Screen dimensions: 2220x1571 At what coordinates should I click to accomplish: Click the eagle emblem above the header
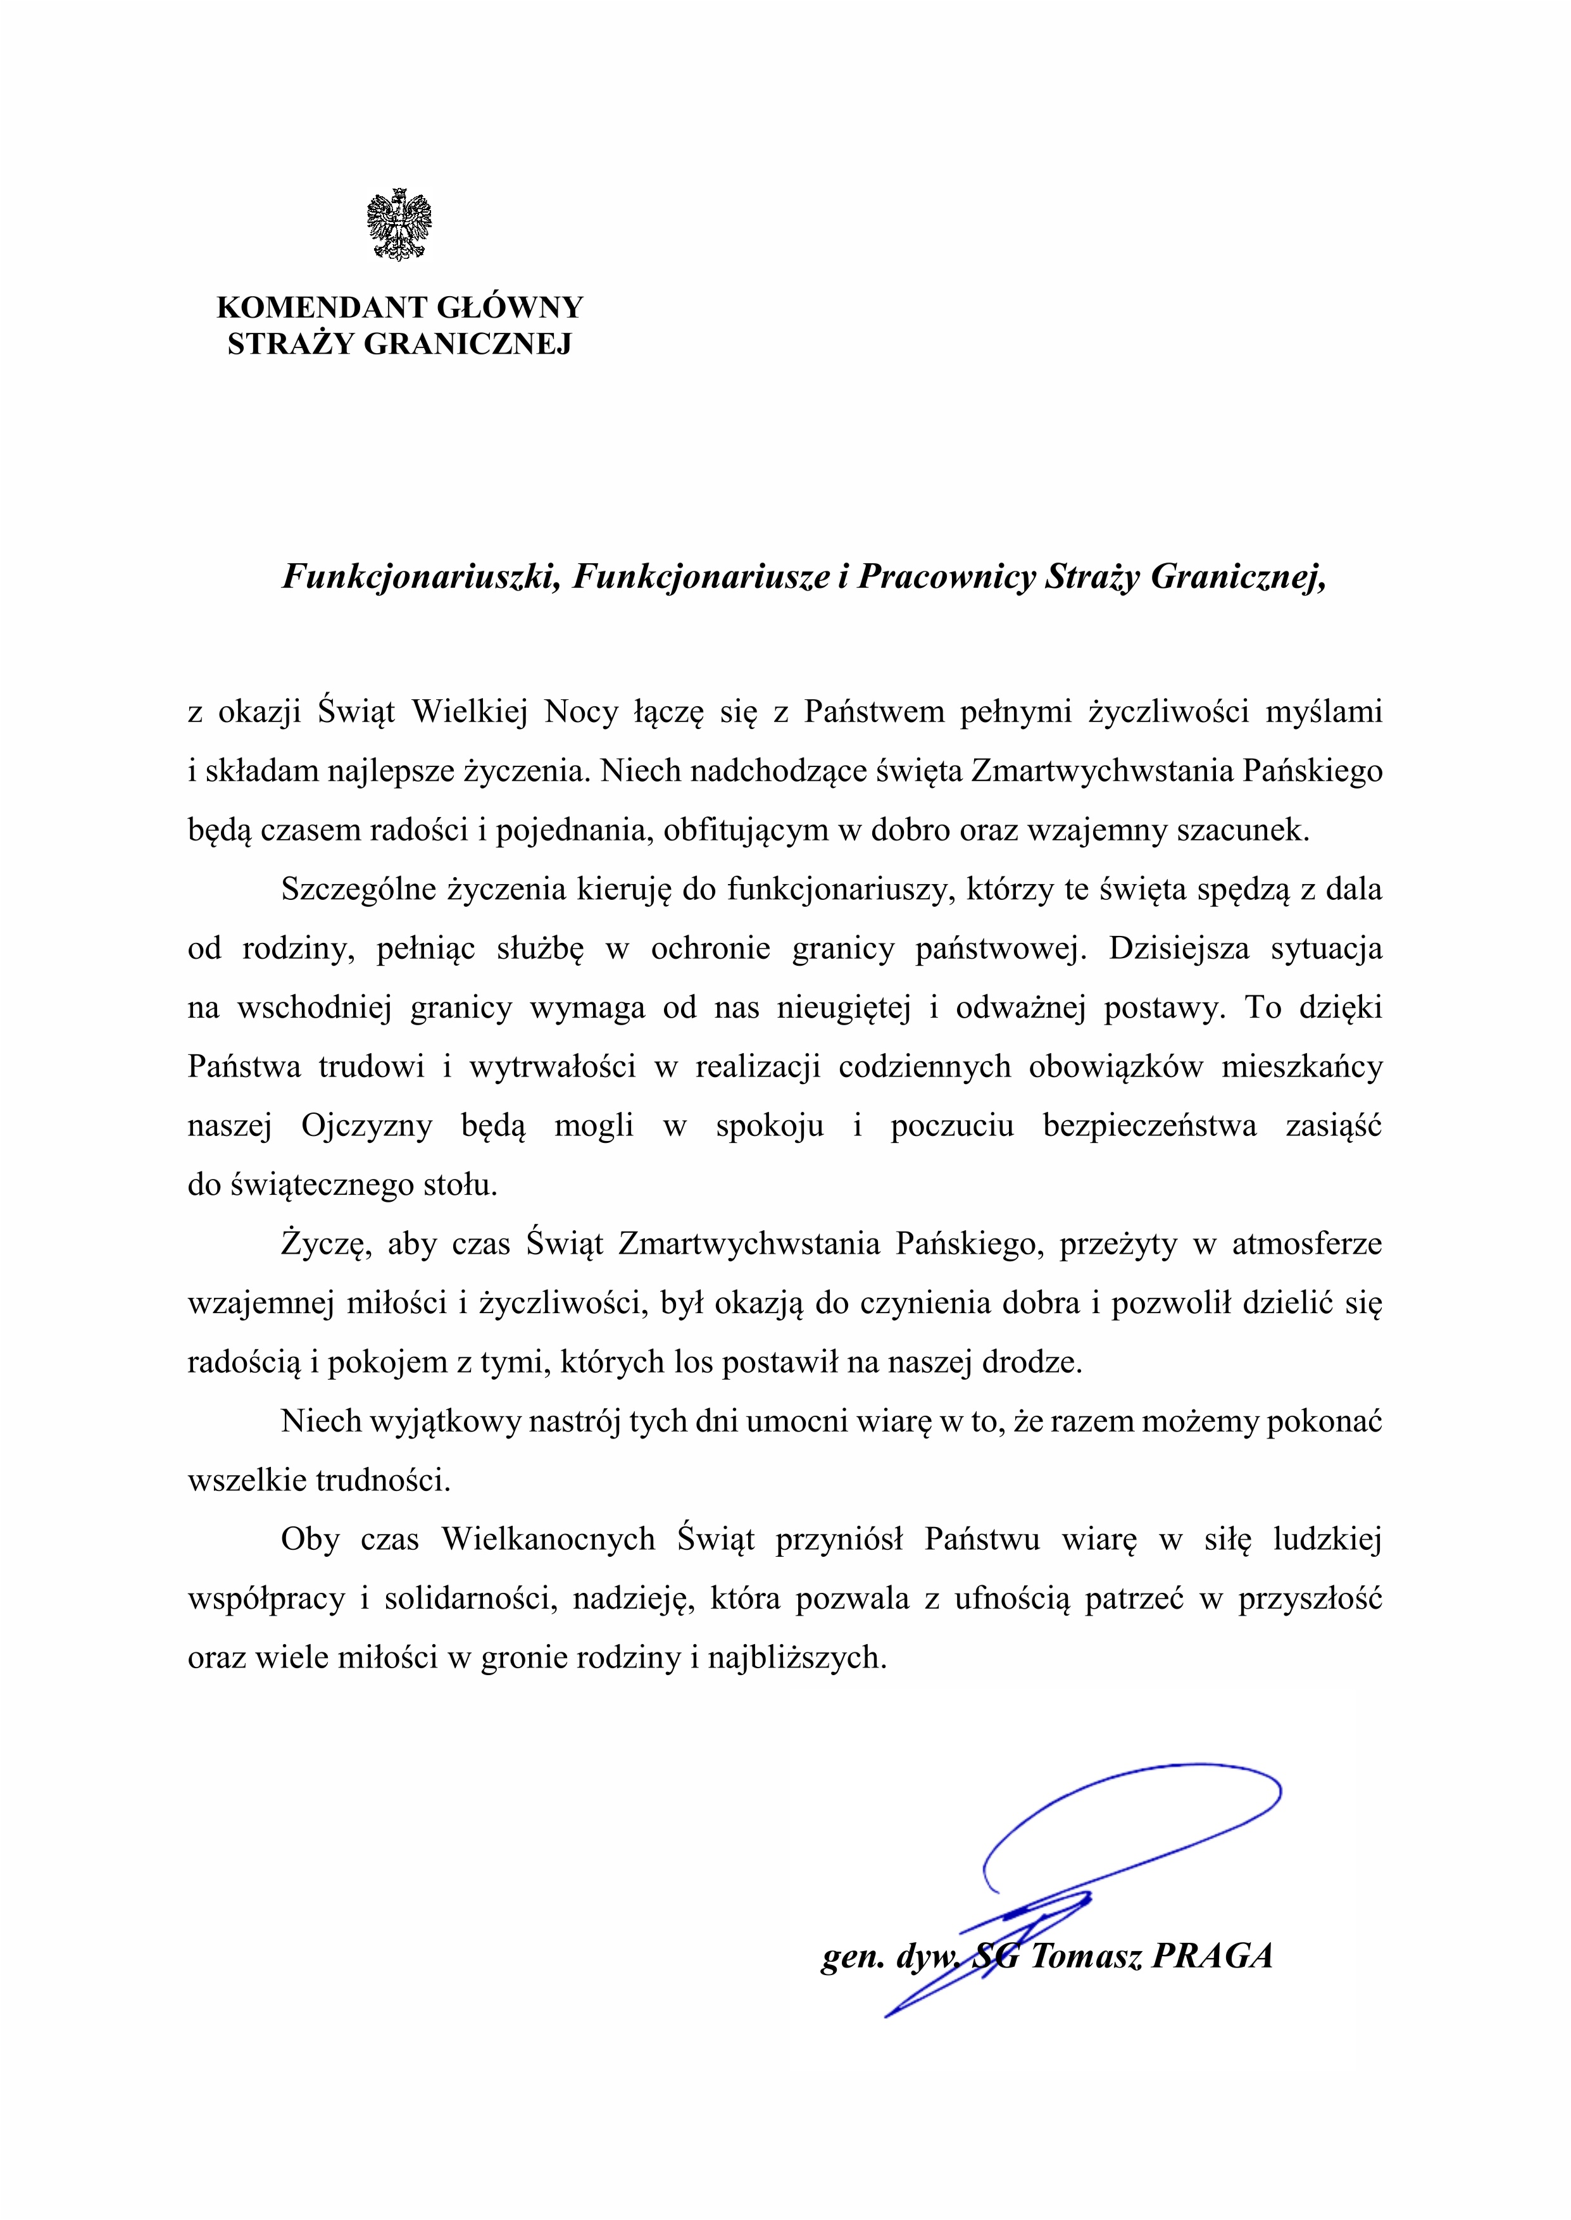point(399,224)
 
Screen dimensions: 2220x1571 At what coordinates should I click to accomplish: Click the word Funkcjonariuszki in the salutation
point(421,577)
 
